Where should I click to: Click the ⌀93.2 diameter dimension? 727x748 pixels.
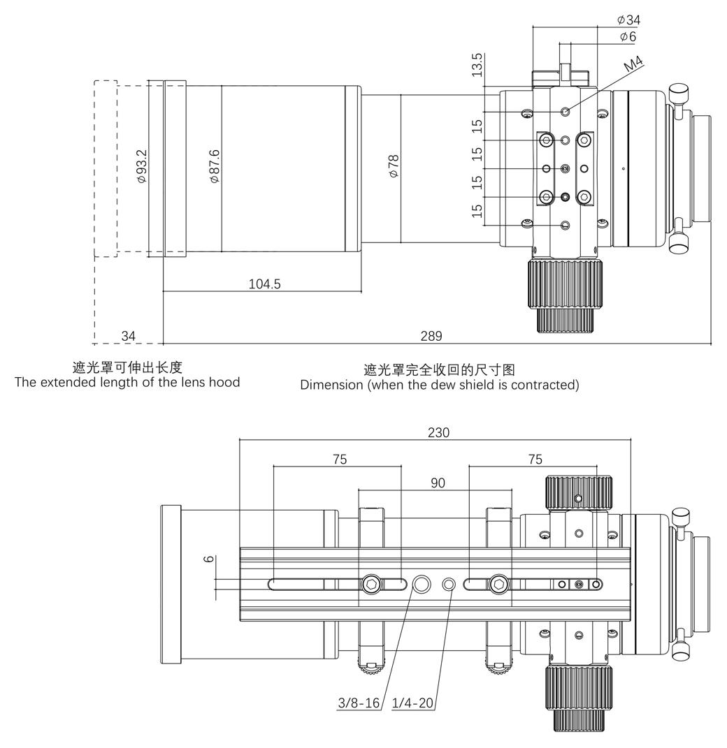coord(142,166)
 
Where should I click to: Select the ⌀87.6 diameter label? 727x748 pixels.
coord(215,166)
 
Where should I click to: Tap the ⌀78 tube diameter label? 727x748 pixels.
coord(394,165)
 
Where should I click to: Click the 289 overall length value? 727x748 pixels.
coord(431,336)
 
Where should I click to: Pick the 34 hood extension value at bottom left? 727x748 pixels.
coord(129,336)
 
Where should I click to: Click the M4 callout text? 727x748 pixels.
coord(633,65)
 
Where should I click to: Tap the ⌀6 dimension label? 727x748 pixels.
coord(628,36)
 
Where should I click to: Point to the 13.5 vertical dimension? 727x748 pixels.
coord(477,64)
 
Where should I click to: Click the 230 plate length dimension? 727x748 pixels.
coord(438,433)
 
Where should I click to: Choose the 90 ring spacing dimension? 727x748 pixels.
coord(438,483)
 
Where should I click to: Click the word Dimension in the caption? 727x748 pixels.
coord(328,385)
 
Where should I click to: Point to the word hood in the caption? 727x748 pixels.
coord(225,381)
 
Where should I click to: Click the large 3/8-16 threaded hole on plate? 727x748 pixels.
coord(423,583)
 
